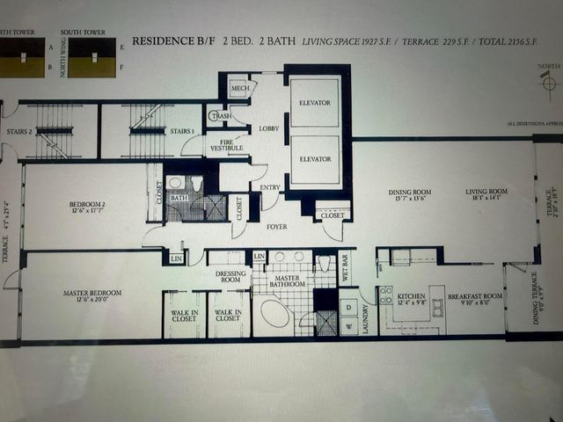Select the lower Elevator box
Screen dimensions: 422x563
pyautogui.click(x=314, y=159)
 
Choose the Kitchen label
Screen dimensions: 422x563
pyautogui.click(x=412, y=297)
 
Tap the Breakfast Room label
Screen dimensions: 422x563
pyautogui.click(x=475, y=297)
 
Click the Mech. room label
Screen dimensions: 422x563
pyautogui.click(x=238, y=89)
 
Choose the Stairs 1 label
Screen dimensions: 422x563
pyautogui.click(x=181, y=132)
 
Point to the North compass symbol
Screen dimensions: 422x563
pyautogui.click(x=549, y=82)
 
